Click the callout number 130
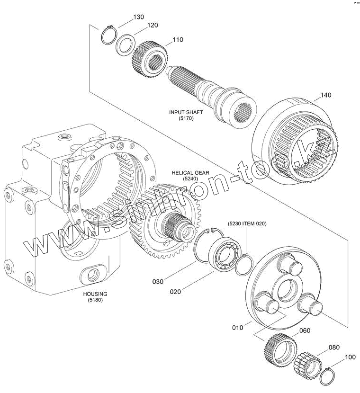[x=138, y=17]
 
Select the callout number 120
[x=152, y=25]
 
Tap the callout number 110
[x=164, y=40]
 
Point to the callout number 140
[x=325, y=95]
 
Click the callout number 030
[x=158, y=282]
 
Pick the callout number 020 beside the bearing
[x=175, y=292]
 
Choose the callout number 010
[x=237, y=327]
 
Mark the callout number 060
[x=305, y=330]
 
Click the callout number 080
[x=334, y=347]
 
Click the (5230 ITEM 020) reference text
[x=247, y=223]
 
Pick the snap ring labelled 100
[x=325, y=378]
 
